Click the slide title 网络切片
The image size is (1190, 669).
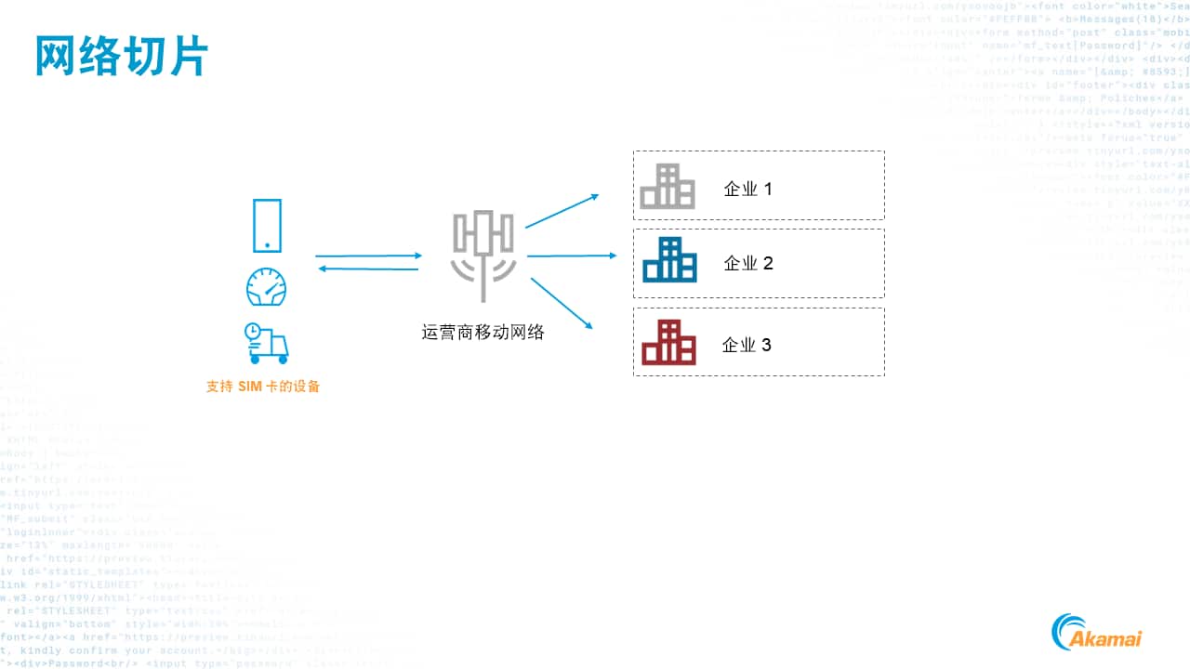[x=121, y=57]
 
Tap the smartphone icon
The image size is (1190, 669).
[x=267, y=226]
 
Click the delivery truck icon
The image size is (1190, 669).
[x=266, y=343]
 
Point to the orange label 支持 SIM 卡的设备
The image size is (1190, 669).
[x=263, y=387]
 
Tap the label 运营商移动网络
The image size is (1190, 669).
[x=483, y=332]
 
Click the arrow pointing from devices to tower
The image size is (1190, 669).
[x=368, y=256]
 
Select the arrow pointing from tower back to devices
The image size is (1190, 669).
[x=368, y=269]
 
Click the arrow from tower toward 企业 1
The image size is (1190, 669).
[x=562, y=211]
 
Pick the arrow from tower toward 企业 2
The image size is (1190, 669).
[x=571, y=256]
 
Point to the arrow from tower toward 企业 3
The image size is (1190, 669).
[x=560, y=303]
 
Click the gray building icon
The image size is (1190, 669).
[x=668, y=187]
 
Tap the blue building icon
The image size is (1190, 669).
[x=669, y=260]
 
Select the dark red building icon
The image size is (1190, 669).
[x=668, y=342]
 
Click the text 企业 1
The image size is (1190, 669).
[x=748, y=190]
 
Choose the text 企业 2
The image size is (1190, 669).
[x=748, y=264]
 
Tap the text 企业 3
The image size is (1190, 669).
[x=747, y=346]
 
